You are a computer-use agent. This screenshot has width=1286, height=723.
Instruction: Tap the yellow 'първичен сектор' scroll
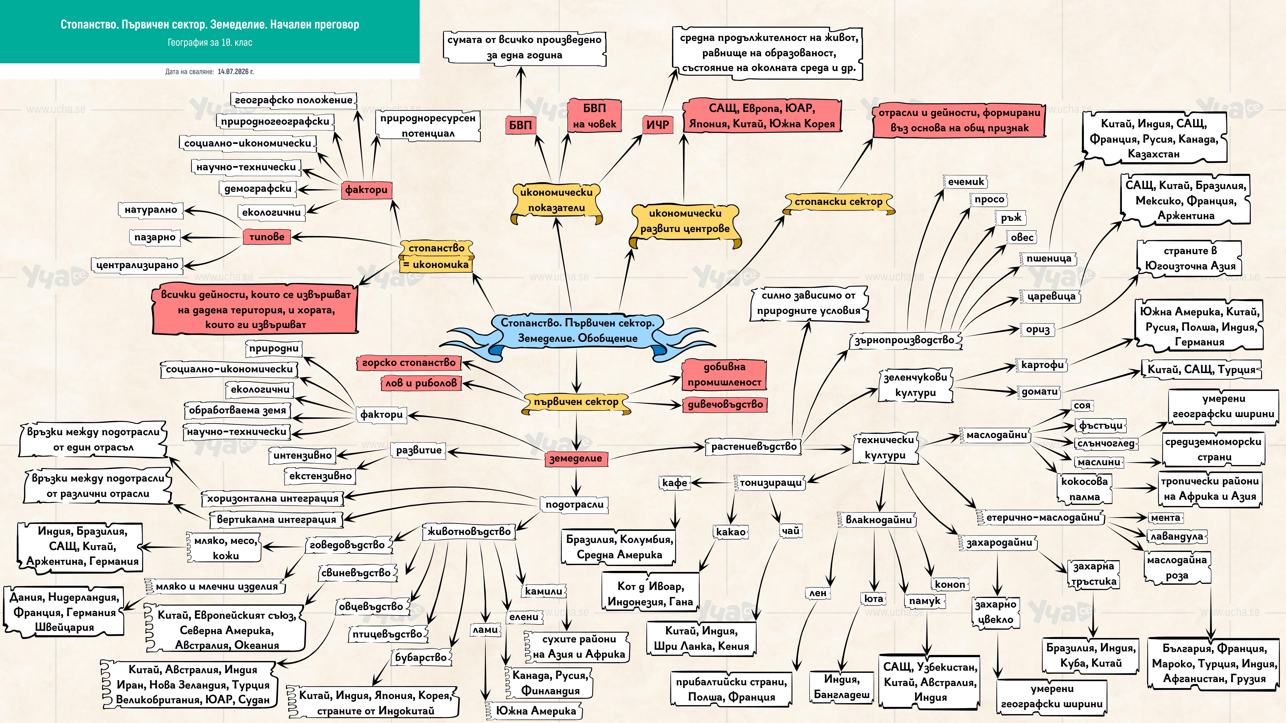[576, 402]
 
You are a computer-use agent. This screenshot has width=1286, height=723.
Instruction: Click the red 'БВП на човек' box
[594, 116]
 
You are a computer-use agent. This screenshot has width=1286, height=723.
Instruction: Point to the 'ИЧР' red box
[657, 125]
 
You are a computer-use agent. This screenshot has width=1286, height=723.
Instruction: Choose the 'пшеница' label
[1048, 258]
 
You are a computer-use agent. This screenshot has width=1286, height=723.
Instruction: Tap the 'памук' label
[925, 601]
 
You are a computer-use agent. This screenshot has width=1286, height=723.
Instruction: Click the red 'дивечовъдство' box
[725, 404]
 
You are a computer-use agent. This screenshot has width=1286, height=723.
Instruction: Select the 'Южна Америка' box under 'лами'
[535, 711]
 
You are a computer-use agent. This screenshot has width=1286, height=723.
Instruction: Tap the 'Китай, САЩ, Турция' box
[1201, 370]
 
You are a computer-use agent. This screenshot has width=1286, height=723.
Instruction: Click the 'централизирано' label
[137, 265]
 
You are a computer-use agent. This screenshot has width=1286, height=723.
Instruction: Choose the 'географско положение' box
[293, 100]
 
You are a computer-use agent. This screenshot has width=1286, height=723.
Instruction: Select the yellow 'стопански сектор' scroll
[838, 202]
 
